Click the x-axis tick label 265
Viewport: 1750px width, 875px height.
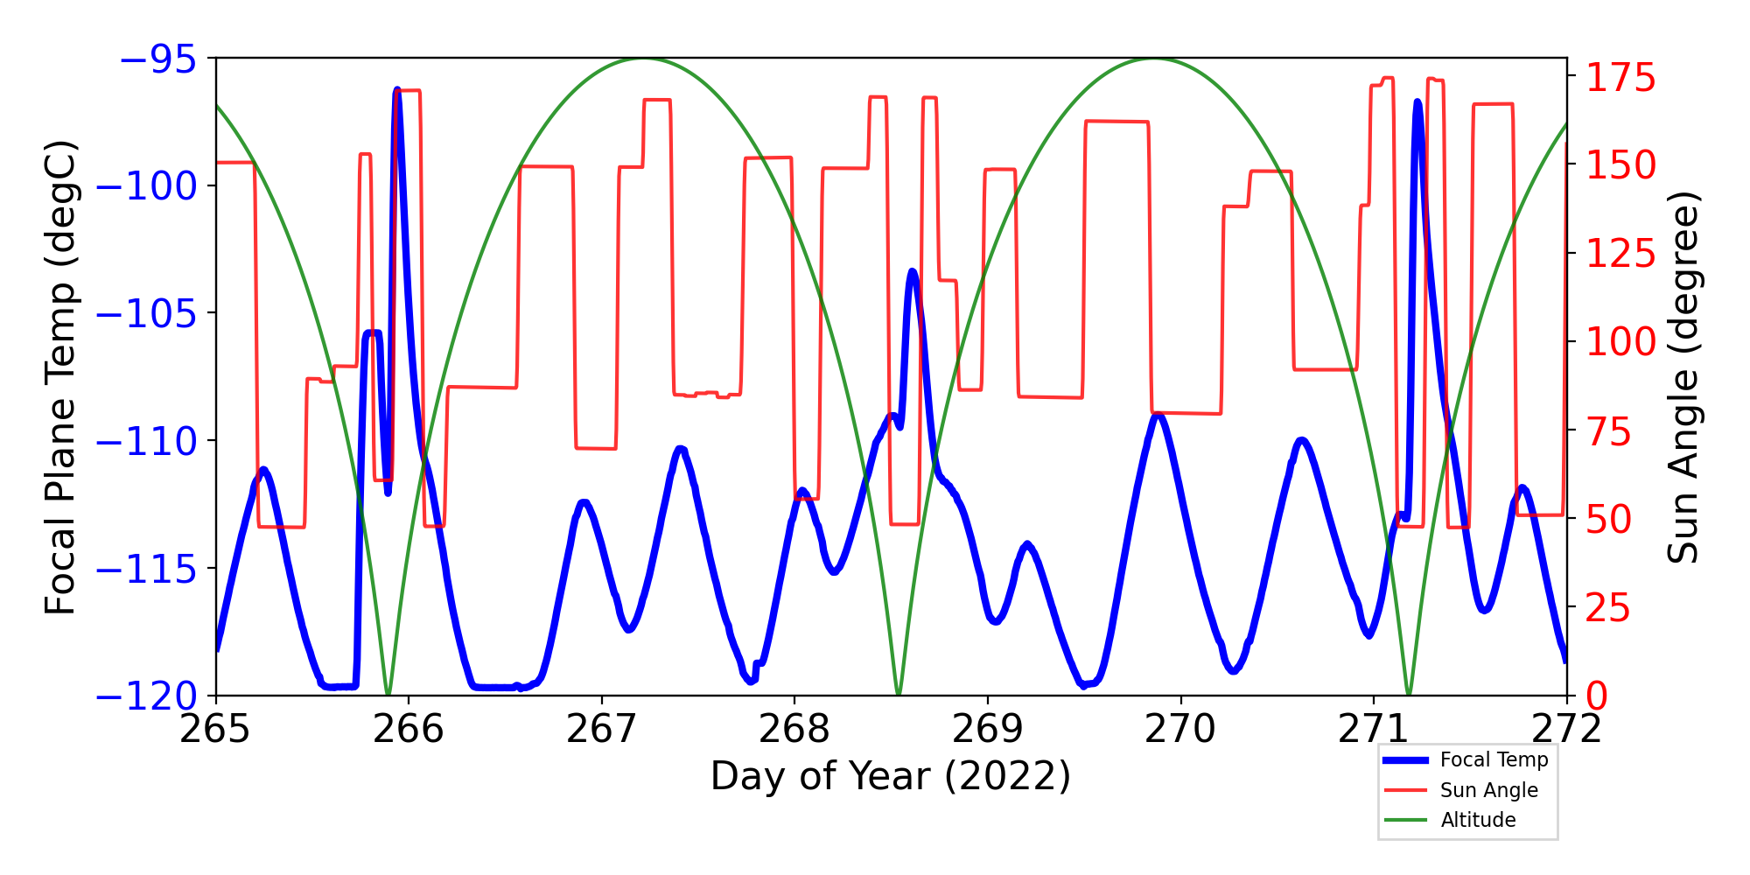[215, 729]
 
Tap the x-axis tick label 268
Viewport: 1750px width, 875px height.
[794, 729]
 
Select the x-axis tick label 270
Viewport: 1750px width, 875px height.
[1180, 729]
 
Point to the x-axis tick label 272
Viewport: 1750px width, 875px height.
[1566, 729]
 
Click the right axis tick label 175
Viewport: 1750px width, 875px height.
[1621, 78]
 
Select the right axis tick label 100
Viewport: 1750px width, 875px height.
[1621, 342]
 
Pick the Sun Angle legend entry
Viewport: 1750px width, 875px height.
[1488, 790]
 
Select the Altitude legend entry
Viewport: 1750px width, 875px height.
[1478, 820]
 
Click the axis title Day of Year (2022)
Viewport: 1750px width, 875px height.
[891, 776]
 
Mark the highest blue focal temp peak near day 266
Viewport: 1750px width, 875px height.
[397, 90]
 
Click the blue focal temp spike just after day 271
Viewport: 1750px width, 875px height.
[1417, 102]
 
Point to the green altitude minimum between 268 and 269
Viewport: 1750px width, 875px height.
[899, 693]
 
